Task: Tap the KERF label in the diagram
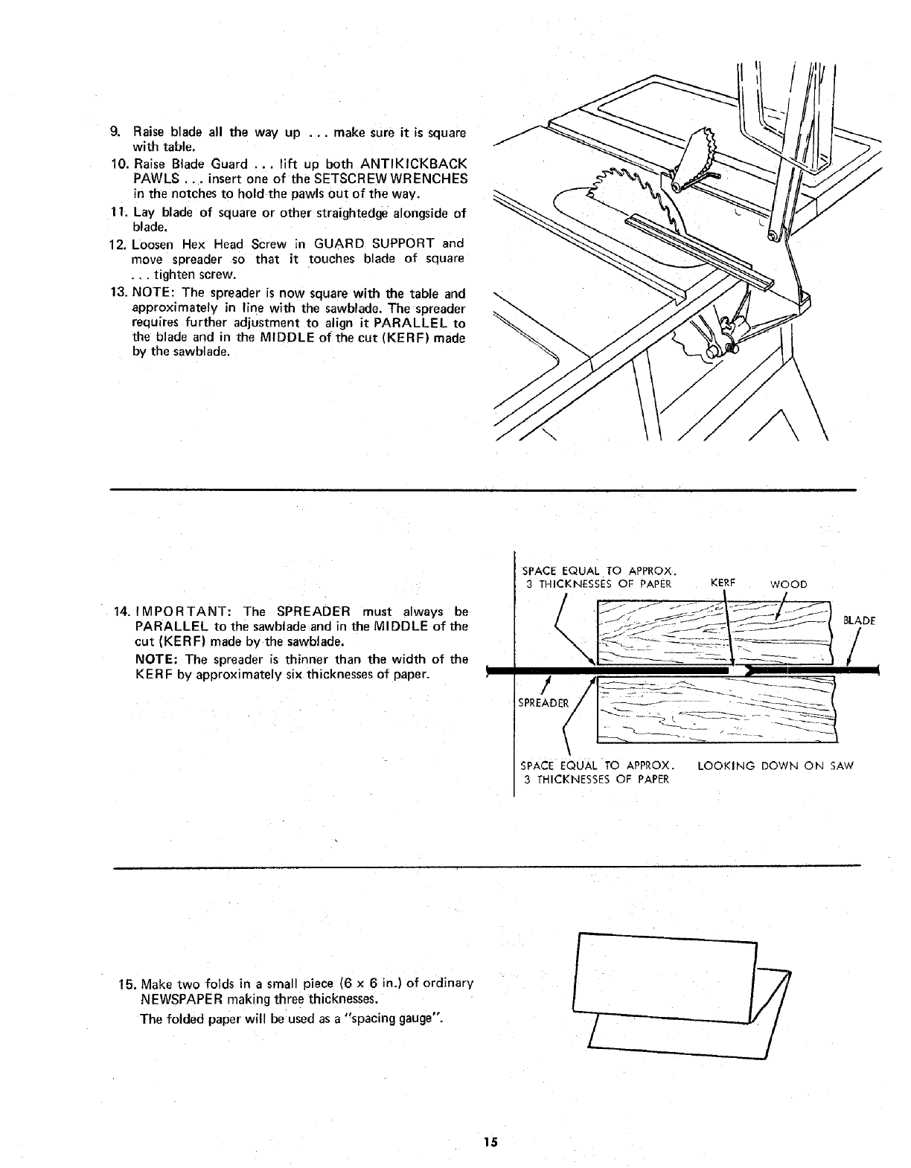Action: coord(723,583)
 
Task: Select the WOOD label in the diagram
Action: coord(789,584)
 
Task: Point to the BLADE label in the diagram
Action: coord(859,620)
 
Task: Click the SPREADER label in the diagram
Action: coord(544,702)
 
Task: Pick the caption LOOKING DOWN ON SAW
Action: coord(776,766)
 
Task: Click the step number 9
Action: coord(115,132)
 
